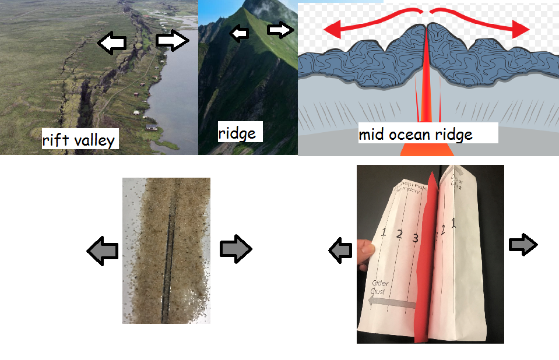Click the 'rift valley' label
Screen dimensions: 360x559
point(79,140)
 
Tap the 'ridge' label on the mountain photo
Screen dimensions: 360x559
point(237,133)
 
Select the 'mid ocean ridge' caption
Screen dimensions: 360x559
point(415,135)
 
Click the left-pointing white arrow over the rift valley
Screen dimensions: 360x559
point(111,44)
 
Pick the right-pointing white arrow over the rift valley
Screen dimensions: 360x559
point(173,41)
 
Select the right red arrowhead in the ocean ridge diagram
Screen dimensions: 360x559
point(522,27)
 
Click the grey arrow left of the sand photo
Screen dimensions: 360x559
point(103,250)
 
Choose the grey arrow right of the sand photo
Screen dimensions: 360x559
point(235,249)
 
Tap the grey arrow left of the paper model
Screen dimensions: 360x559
point(340,250)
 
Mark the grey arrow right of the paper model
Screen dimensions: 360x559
point(523,245)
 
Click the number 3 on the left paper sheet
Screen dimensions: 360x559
point(415,238)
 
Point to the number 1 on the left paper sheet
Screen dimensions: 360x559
point(384,232)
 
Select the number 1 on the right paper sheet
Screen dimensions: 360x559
point(454,221)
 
